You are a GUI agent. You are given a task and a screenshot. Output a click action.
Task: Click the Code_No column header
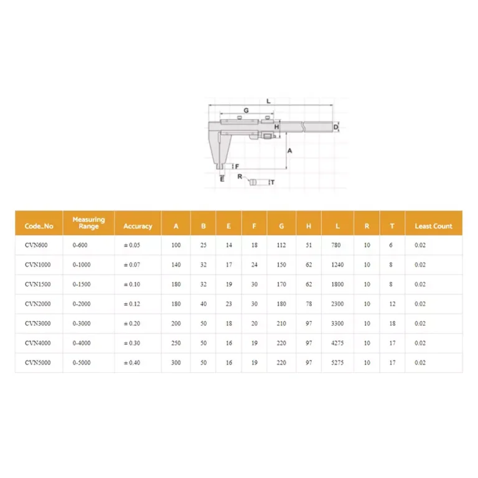click(x=39, y=226)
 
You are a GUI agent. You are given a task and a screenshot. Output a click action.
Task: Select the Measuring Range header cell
click(x=88, y=223)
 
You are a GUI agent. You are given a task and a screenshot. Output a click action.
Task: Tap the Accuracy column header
click(x=138, y=226)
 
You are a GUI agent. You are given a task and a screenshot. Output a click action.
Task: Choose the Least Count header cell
click(x=433, y=226)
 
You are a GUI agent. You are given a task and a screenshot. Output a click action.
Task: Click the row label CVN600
click(x=36, y=245)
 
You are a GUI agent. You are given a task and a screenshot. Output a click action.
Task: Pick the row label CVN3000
click(x=37, y=324)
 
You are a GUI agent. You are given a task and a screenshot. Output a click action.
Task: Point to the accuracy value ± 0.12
click(x=132, y=304)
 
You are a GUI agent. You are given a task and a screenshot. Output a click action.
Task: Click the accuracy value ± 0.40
click(x=132, y=362)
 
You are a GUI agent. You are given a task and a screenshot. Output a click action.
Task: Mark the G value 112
click(x=281, y=245)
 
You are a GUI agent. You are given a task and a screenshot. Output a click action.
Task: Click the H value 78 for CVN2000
click(x=309, y=304)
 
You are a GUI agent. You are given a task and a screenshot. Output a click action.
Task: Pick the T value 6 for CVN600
click(x=391, y=245)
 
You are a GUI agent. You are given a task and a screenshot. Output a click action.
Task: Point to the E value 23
click(x=228, y=304)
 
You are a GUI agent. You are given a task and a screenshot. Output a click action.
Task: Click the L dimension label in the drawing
click(x=268, y=101)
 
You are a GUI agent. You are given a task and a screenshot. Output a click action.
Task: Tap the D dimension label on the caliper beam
click(x=335, y=127)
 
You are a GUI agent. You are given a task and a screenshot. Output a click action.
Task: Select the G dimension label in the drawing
click(x=246, y=110)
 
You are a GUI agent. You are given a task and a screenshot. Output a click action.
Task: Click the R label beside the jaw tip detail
click(x=240, y=176)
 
